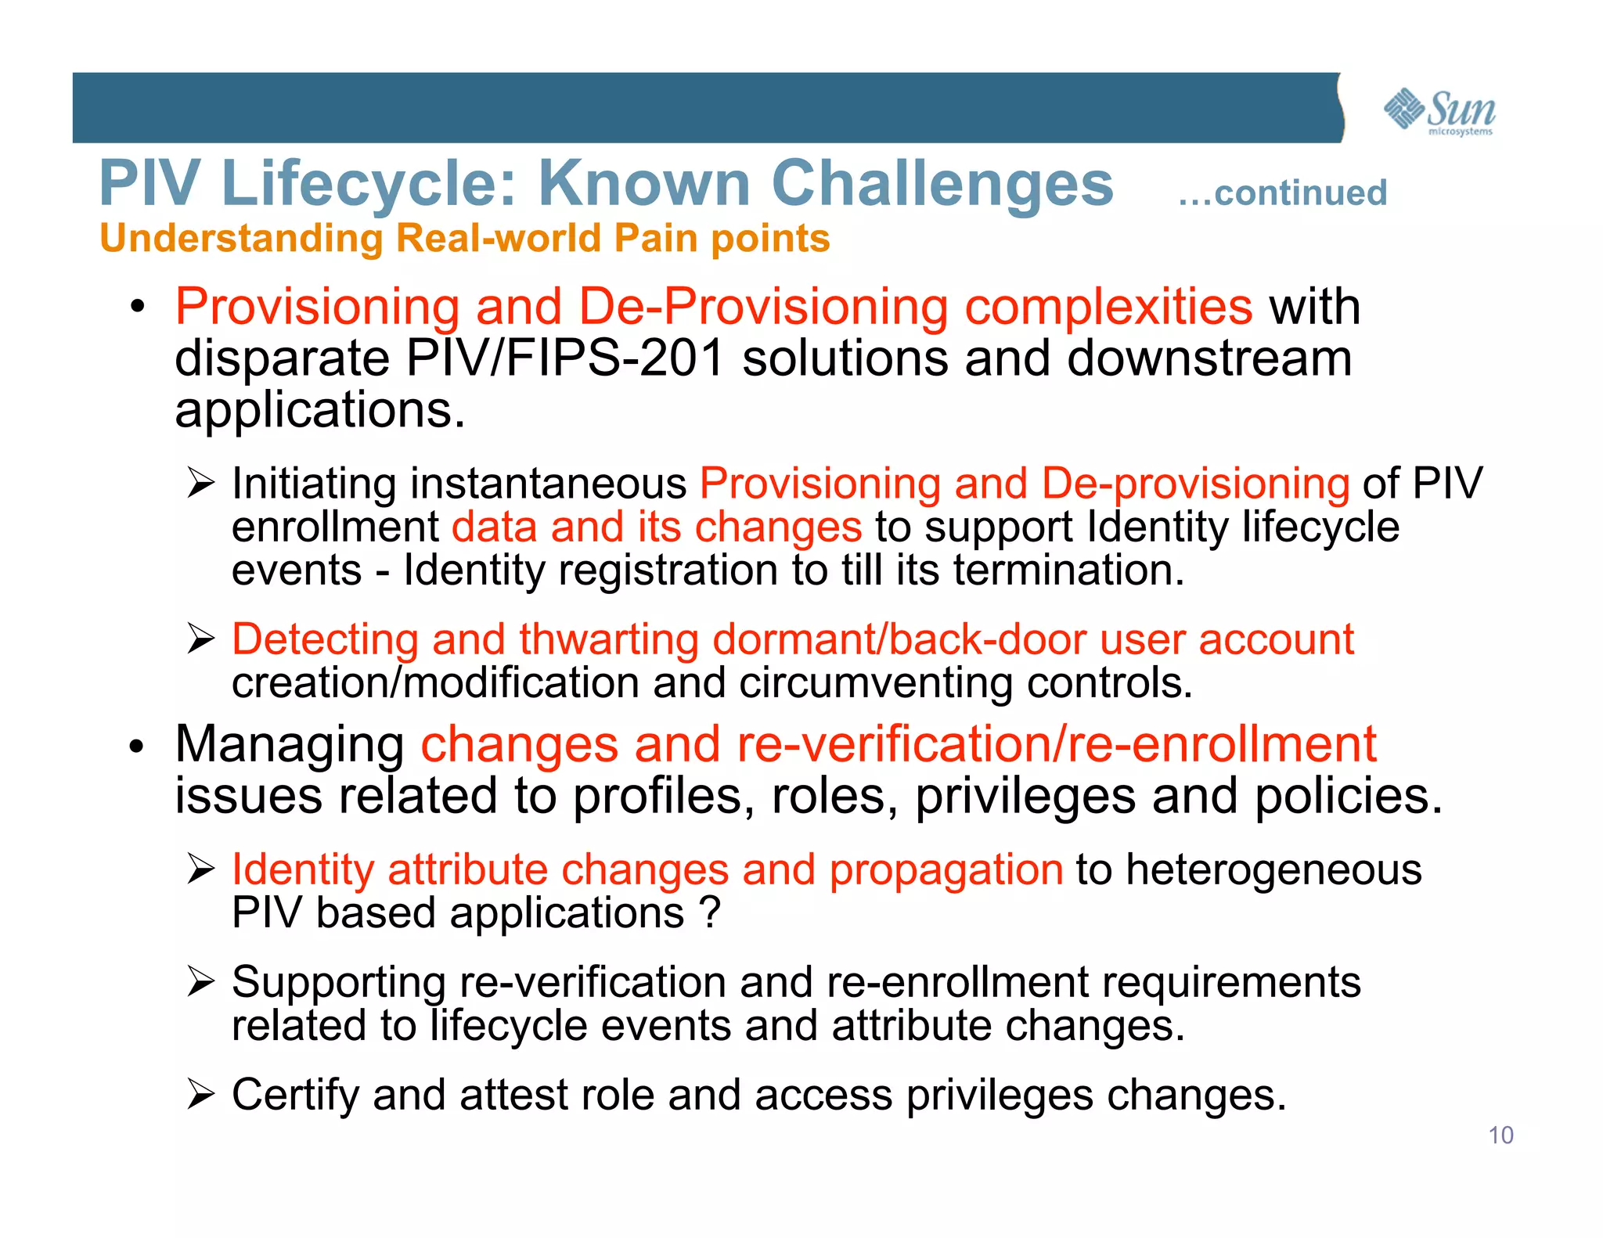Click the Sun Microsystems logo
1439,111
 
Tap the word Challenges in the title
942,184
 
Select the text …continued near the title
1282,193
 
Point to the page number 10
1500,1135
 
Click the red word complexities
1108,306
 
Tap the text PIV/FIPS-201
565,358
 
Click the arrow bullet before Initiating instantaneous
201,483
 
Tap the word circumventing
876,683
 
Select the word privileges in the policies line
1025,796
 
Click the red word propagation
946,869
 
